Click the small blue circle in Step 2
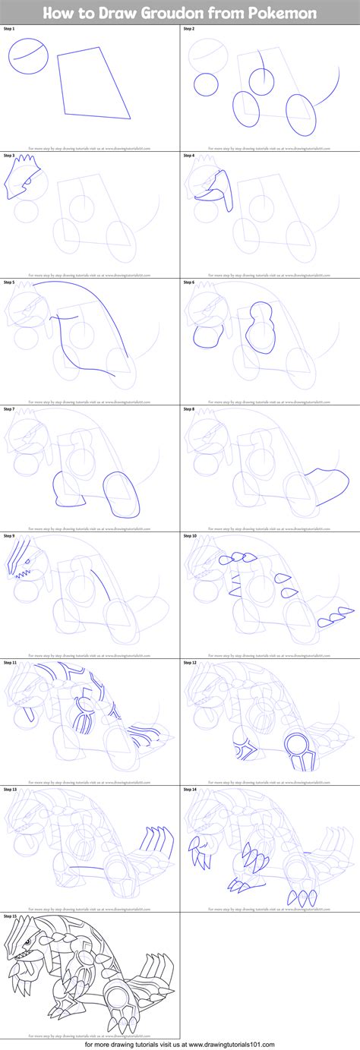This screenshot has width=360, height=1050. coord(205,85)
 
